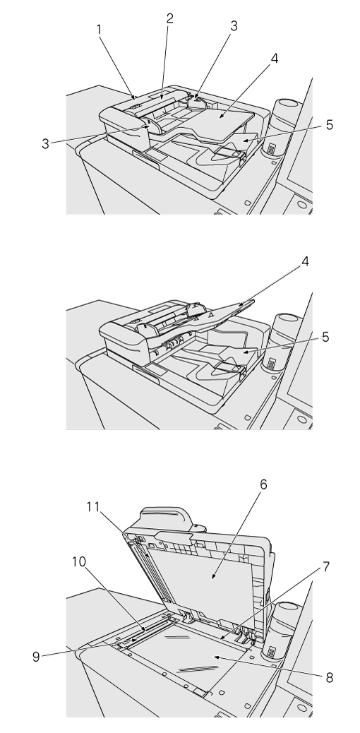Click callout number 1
click(99, 29)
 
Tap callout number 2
click(169, 18)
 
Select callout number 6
click(264, 484)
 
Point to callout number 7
click(326, 567)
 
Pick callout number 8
click(329, 678)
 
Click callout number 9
click(36, 656)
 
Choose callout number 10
click(79, 561)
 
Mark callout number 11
click(93, 506)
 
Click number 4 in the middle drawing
click(306, 262)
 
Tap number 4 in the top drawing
click(275, 59)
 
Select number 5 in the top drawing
click(329, 125)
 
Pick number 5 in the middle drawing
click(325, 337)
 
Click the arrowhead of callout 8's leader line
click(215, 657)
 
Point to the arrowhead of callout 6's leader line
click(212, 578)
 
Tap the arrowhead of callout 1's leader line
click(135, 98)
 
